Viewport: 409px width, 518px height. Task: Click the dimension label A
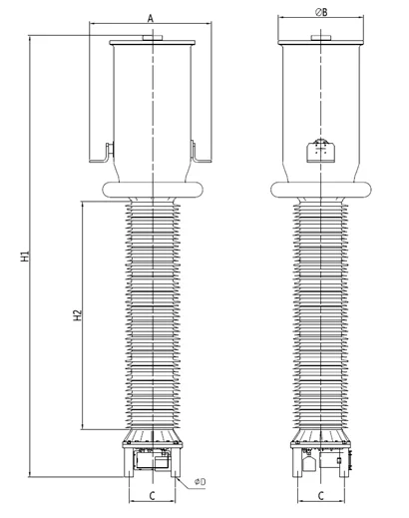point(151,18)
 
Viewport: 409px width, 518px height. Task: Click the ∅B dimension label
point(321,12)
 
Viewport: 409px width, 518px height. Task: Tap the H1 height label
point(26,257)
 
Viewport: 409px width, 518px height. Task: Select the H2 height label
point(77,315)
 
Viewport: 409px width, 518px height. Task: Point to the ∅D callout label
point(201,481)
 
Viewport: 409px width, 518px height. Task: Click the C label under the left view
point(152,496)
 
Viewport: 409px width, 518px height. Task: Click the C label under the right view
point(320,496)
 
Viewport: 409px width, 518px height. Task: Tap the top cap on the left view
point(153,38)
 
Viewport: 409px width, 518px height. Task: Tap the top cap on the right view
point(321,38)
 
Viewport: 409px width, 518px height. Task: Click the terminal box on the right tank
point(320,151)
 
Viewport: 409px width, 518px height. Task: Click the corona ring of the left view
point(153,190)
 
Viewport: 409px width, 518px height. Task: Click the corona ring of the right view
point(321,190)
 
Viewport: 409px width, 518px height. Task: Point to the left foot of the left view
point(129,463)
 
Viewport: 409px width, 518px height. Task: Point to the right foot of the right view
point(344,463)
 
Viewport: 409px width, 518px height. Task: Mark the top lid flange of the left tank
point(153,43)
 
